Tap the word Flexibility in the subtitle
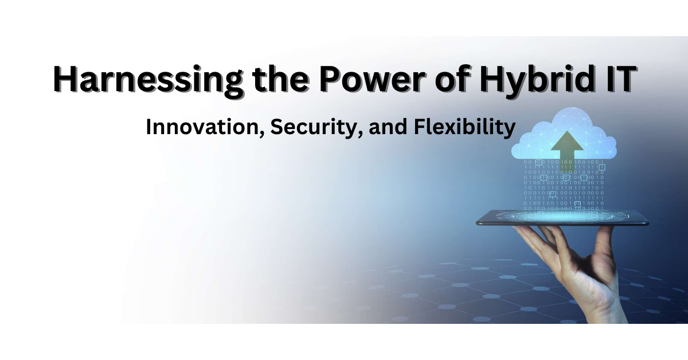click(x=464, y=127)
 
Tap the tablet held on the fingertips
click(x=562, y=217)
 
